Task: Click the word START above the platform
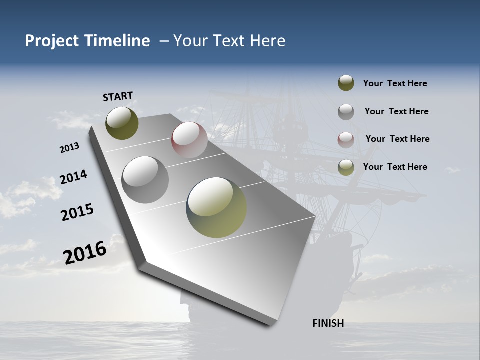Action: [x=118, y=96]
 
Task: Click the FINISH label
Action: [x=328, y=323]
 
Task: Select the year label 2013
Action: [x=69, y=147]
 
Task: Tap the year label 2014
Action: [x=73, y=177]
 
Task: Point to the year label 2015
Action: [x=77, y=212]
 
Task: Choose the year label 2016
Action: [x=85, y=252]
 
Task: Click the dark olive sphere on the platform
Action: [x=122, y=123]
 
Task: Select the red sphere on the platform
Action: [x=189, y=139]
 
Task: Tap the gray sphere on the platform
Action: [x=145, y=179]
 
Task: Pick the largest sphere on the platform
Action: [x=216, y=207]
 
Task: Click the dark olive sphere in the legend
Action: [x=346, y=83]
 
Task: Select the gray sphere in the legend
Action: [x=346, y=111]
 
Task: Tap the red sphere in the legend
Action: [x=346, y=139]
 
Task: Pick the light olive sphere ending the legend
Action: [x=346, y=167]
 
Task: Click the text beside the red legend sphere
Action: [x=397, y=139]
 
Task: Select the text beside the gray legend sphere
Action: [x=396, y=111]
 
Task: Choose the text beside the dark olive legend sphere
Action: [x=395, y=83]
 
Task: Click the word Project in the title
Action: [x=52, y=41]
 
